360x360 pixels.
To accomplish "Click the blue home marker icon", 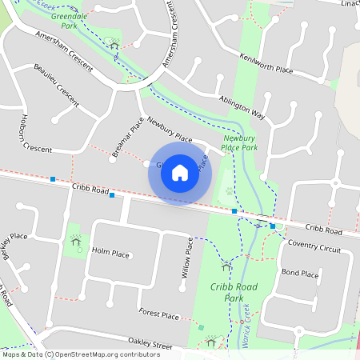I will pyautogui.click(x=180, y=173).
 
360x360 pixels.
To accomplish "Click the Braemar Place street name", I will pyautogui.click(x=126, y=137).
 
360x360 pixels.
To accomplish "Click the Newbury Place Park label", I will pyautogui.click(x=239, y=142).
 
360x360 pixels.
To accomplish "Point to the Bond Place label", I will pyautogui.click(x=300, y=274).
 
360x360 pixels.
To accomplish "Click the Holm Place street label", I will pyautogui.click(x=110, y=254).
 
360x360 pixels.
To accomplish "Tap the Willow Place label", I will pyautogui.click(x=187, y=257).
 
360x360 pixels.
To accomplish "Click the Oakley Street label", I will pyautogui.click(x=150, y=346).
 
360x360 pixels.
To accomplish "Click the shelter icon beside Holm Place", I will pyautogui.click(x=76, y=239).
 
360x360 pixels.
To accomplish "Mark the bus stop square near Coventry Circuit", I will pyautogui.click(x=273, y=226).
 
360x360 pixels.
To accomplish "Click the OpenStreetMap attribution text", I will pyautogui.click(x=81, y=354).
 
